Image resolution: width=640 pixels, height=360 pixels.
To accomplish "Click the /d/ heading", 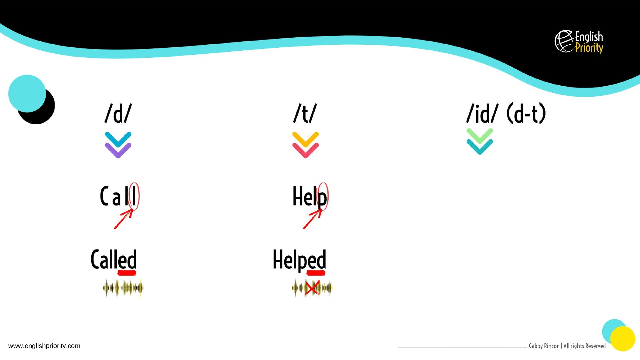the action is (x=118, y=113).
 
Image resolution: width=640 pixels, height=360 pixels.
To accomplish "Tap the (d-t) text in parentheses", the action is (x=526, y=113).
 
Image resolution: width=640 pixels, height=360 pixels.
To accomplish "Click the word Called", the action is (x=114, y=259).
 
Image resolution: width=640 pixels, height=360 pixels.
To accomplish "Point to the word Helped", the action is (x=299, y=259).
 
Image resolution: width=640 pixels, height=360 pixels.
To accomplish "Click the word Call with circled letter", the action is (x=119, y=197).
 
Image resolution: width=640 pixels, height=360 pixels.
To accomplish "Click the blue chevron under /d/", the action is (x=118, y=139).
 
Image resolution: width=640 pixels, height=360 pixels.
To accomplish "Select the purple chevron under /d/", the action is (x=118, y=151).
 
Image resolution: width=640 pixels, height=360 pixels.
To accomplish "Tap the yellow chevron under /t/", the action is (x=305, y=139).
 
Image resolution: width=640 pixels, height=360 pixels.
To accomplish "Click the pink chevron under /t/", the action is (x=305, y=151).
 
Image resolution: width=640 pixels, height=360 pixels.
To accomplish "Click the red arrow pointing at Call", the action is (x=124, y=219).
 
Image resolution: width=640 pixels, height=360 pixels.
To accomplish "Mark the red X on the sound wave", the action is (x=312, y=288).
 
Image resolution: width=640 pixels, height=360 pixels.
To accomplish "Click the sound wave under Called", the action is (x=123, y=288).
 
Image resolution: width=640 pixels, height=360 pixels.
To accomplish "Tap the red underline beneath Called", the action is (x=127, y=273).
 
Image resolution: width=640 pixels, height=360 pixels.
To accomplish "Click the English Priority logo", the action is (x=579, y=42).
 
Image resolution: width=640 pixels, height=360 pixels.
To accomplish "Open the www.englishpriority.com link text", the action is (x=44, y=346).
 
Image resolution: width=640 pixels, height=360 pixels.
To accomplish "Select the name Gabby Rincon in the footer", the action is (x=544, y=346).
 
